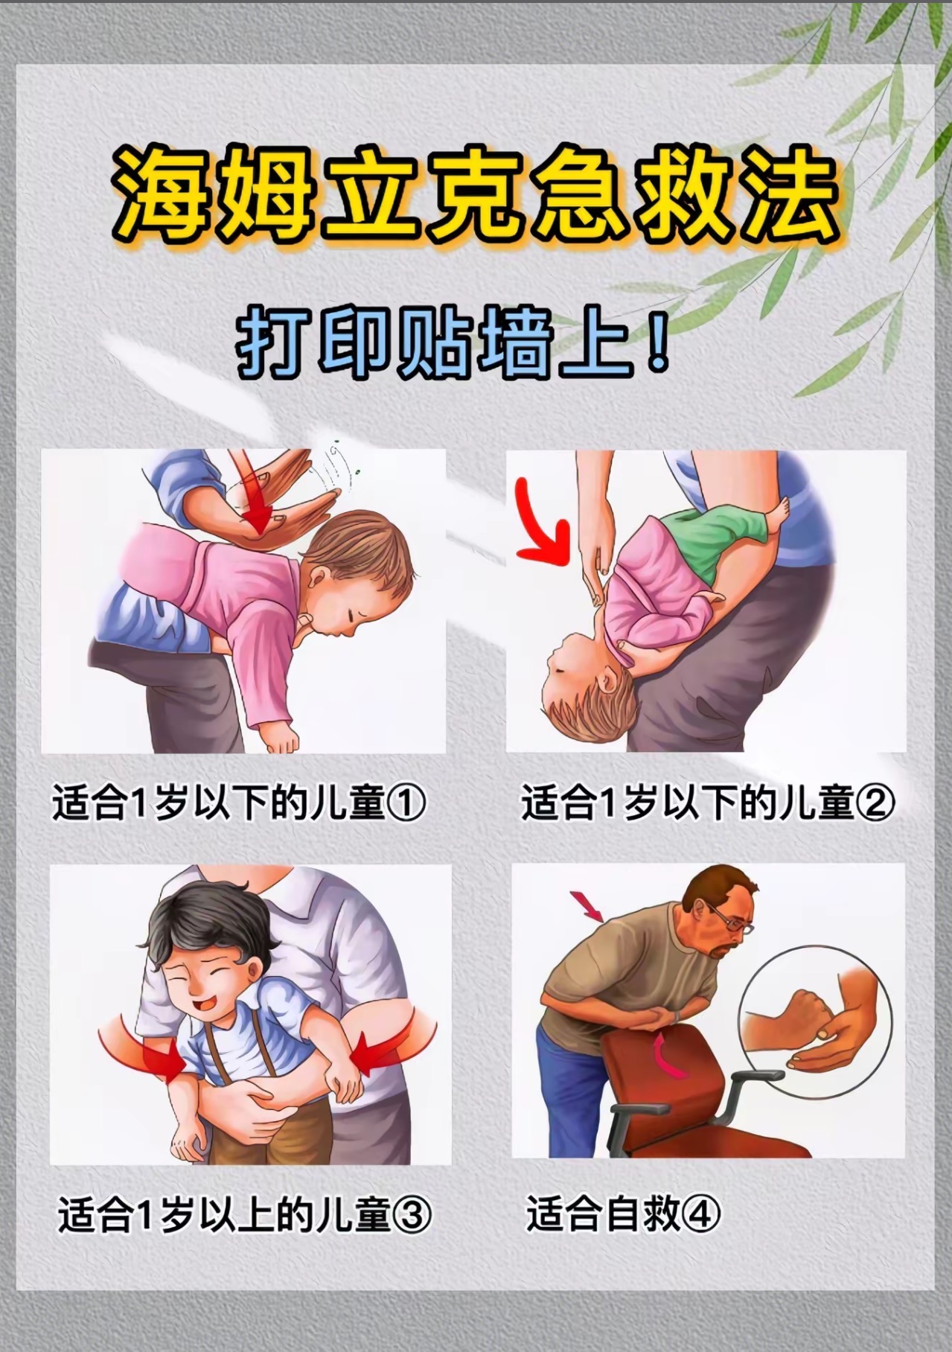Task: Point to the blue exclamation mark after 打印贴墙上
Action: [657, 345]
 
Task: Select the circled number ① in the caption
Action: [407, 804]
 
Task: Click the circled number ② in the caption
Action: [876, 804]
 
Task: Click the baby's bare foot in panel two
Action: [780, 513]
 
